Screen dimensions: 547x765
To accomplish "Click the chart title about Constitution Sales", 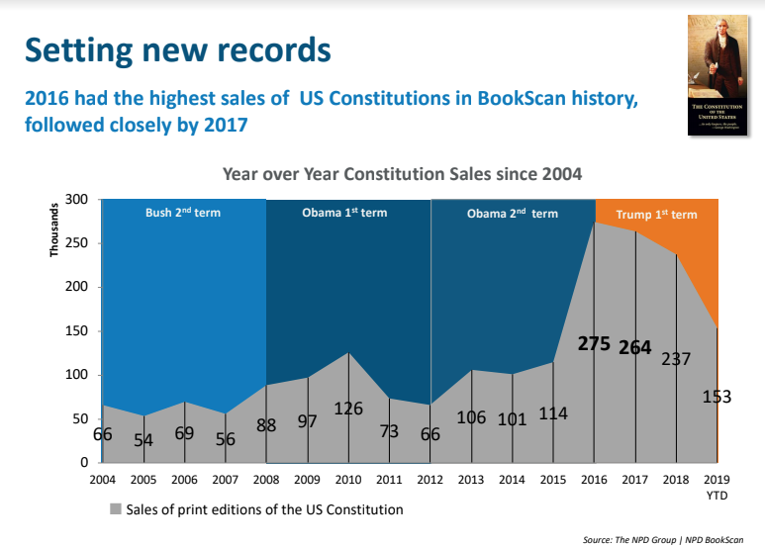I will pos(403,173).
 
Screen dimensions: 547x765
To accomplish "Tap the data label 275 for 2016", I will pos(595,344).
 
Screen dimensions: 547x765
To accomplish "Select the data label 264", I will pos(635,347).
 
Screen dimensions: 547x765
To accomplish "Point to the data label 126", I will pos(348,408).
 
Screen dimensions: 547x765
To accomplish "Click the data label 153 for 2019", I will pos(716,397).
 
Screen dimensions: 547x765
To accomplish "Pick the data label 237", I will pos(675,358).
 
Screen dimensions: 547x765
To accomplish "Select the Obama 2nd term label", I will pos(512,214).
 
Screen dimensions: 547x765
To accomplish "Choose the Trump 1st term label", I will pos(656,215).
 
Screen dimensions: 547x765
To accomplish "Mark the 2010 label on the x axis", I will pos(348,480).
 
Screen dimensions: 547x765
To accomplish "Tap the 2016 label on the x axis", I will pos(594,480).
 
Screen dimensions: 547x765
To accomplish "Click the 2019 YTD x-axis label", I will pos(717,486).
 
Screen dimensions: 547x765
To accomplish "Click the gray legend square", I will pos(115,510).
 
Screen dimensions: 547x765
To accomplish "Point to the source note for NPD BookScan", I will pos(664,538).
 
